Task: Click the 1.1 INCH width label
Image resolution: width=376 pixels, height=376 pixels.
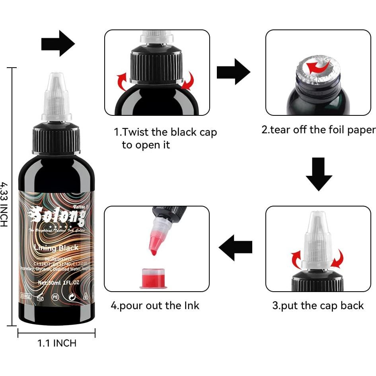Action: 57,343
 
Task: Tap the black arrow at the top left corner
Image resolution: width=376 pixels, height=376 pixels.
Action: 58,43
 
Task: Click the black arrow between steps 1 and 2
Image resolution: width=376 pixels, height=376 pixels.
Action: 233,71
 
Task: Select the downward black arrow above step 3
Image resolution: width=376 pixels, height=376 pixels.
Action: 319,174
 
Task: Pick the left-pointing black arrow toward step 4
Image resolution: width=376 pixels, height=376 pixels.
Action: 236,248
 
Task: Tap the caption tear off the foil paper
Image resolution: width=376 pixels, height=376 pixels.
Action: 318,130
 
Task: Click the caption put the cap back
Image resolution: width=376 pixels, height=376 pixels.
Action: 318,306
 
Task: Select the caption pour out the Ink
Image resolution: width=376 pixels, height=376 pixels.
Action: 155,306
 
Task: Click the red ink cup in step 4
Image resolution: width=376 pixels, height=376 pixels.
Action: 153,278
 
